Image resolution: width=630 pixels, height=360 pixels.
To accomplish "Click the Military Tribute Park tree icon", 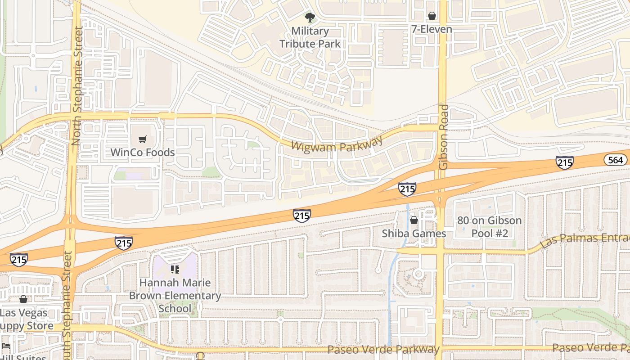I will (310, 18).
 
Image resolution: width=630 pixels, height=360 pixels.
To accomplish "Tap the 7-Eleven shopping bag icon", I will (432, 16).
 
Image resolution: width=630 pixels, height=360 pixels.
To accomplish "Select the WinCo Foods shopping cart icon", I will (143, 139).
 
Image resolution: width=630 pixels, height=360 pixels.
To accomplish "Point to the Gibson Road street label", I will (444, 137).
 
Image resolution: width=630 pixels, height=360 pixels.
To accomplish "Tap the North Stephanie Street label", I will (77, 85).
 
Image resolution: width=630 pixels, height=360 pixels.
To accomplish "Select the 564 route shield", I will (616, 160).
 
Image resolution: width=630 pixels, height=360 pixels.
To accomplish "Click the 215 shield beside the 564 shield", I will (564, 162).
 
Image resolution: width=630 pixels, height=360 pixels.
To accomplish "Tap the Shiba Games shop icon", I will (414, 220).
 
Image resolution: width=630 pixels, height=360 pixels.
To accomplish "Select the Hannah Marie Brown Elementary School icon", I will (175, 270).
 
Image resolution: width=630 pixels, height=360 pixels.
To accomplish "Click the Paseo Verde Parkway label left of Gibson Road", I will (383, 349).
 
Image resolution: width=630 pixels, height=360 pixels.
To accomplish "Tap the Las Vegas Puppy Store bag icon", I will (23, 299).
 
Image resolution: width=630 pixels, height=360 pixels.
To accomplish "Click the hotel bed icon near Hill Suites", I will (6, 346).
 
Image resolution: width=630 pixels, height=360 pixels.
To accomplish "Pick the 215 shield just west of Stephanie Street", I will (18, 260).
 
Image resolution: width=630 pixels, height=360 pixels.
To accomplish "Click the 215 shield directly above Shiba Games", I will (407, 189).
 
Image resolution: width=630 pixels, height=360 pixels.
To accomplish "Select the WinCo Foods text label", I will (143, 152).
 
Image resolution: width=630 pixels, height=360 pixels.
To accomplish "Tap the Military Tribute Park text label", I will (310, 37).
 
